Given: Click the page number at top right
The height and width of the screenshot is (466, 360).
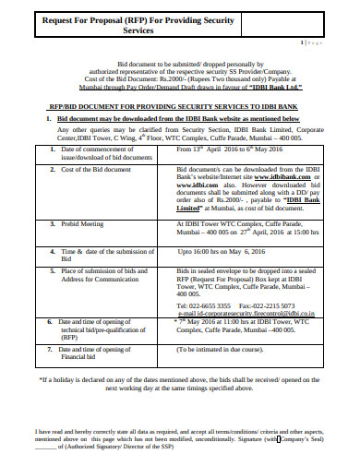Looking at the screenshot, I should click(x=314, y=43).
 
